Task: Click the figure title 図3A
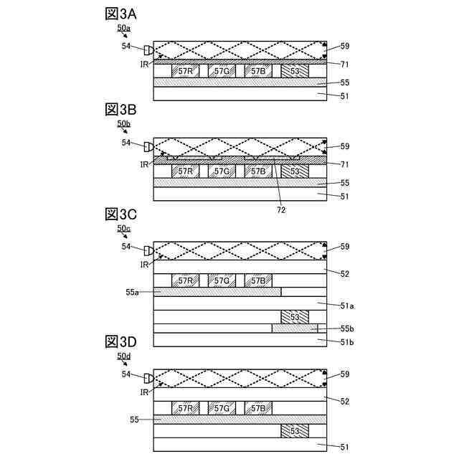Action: click(120, 14)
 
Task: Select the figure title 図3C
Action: click(120, 214)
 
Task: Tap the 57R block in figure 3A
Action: click(186, 72)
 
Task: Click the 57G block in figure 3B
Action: click(222, 171)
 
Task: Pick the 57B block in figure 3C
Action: click(257, 280)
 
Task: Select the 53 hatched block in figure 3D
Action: click(295, 431)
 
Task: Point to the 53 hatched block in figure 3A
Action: click(295, 72)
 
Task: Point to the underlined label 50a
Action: click(124, 27)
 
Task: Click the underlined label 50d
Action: click(124, 356)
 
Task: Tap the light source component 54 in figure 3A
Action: click(148, 49)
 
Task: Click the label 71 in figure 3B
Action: click(344, 164)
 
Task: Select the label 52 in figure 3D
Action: click(344, 401)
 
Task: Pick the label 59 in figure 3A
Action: click(344, 47)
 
